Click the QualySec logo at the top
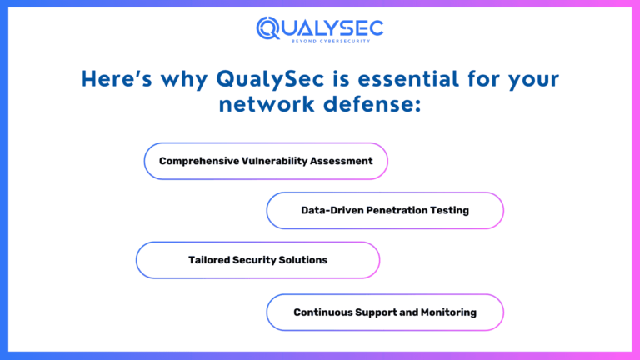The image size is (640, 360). pyautogui.click(x=320, y=28)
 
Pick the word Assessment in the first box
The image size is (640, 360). pyautogui.click(x=342, y=161)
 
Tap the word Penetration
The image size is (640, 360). pyautogui.click(x=397, y=210)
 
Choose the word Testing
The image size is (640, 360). pyautogui.click(x=450, y=210)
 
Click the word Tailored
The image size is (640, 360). pyautogui.click(x=209, y=260)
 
